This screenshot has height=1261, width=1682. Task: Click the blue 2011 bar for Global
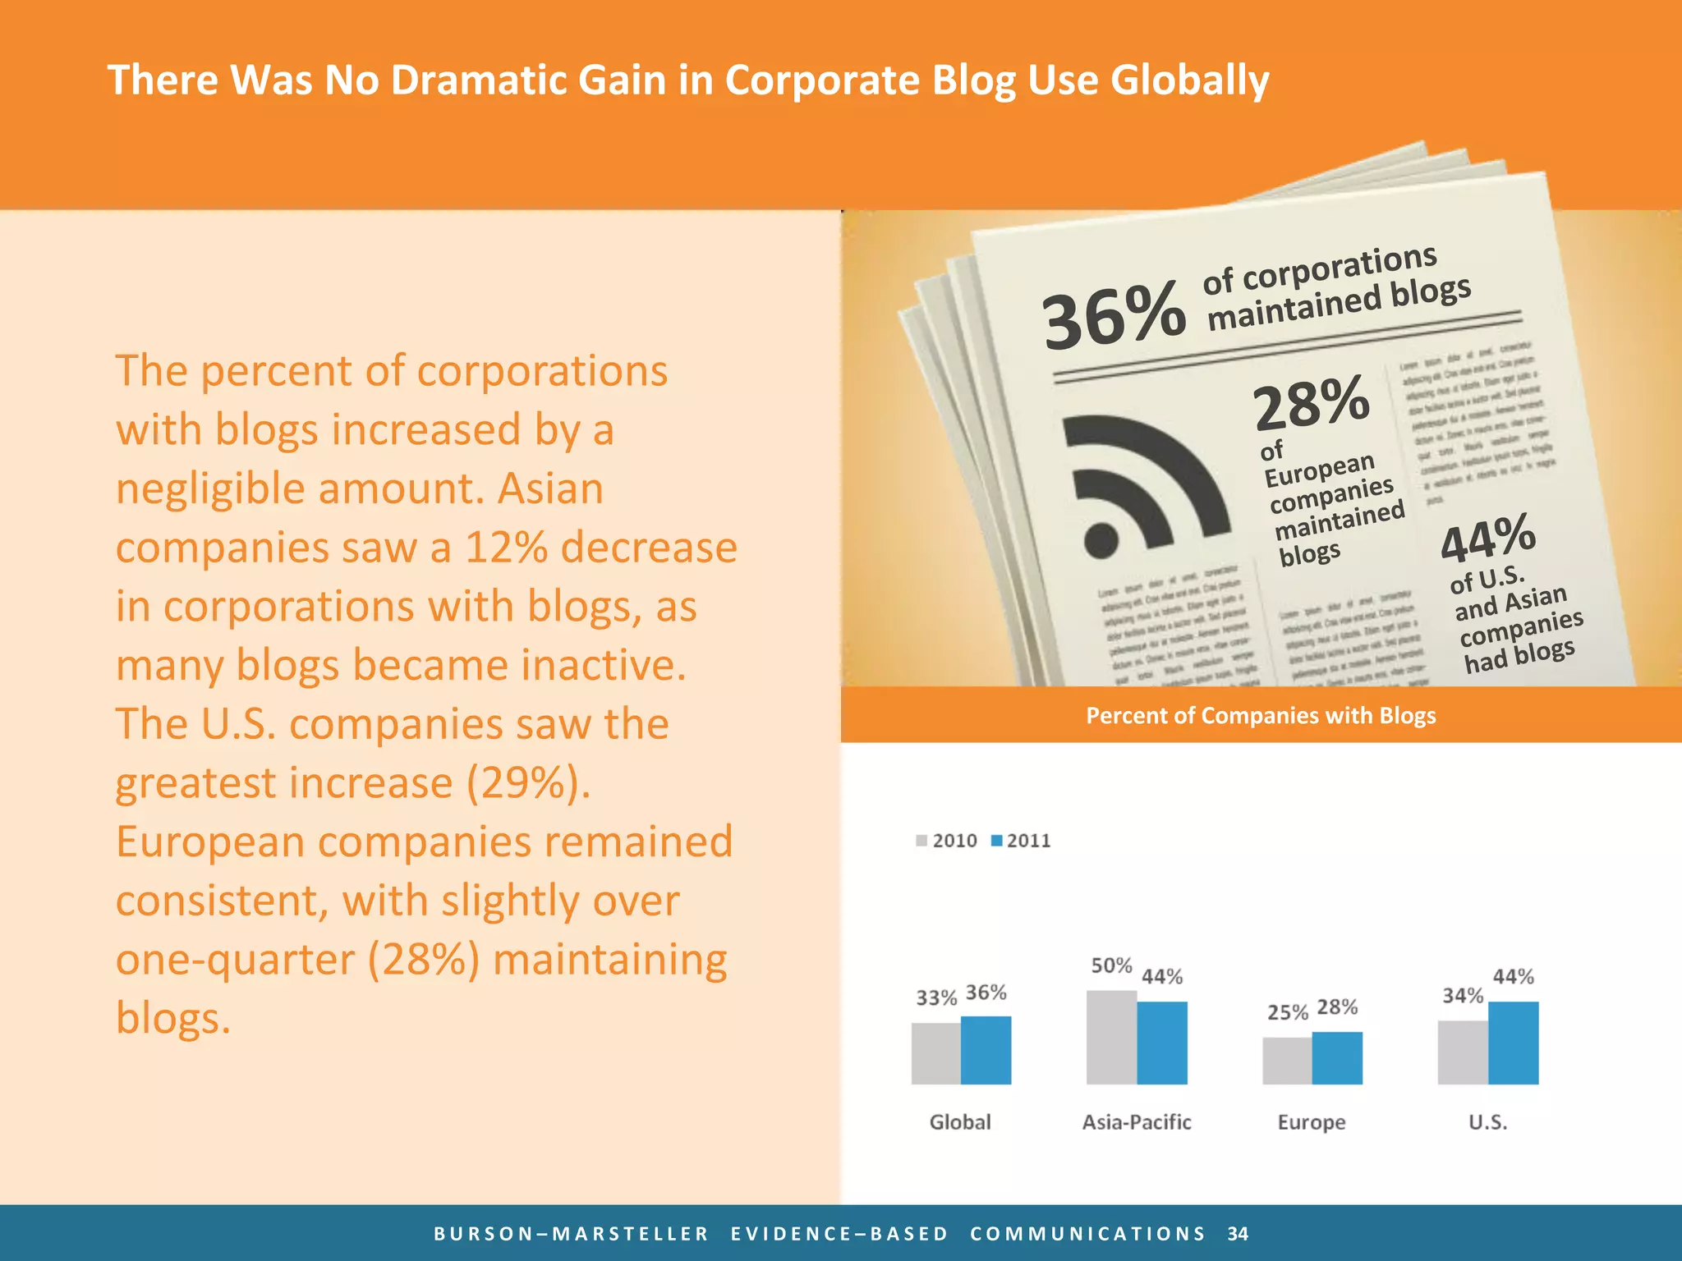pyautogui.click(x=986, y=1050)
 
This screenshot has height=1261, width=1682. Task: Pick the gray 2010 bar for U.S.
pyautogui.click(x=1463, y=1052)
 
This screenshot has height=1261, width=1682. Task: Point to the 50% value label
pyautogui.click(x=1111, y=965)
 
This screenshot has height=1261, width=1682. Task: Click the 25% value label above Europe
pyautogui.click(x=1287, y=1012)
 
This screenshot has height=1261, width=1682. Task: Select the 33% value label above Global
pyautogui.click(x=936, y=997)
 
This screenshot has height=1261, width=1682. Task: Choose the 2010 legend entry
pyautogui.click(x=947, y=841)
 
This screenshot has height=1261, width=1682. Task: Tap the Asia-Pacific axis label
pyautogui.click(x=1136, y=1121)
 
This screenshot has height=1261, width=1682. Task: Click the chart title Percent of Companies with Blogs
pyautogui.click(x=1261, y=715)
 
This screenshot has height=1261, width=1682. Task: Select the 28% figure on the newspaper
pyautogui.click(x=1312, y=402)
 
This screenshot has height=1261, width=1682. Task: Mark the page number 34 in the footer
pyautogui.click(x=1238, y=1233)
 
